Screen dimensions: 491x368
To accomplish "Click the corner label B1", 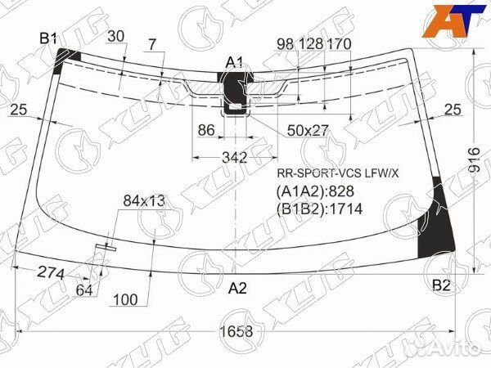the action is [x=48, y=38].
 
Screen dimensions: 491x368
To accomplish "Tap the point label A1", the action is [x=235, y=63].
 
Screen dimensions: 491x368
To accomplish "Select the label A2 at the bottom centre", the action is [x=237, y=288].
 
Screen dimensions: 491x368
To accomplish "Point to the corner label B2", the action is [x=441, y=285].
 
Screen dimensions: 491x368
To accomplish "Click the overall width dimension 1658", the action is [x=236, y=331].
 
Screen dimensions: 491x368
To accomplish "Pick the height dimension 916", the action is [x=475, y=160].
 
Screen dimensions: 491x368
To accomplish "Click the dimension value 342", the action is [x=235, y=157].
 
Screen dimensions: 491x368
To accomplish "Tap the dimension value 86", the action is [x=206, y=130].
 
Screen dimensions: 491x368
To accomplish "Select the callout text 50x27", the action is [x=308, y=131].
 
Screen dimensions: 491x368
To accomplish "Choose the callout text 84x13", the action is [x=144, y=201].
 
